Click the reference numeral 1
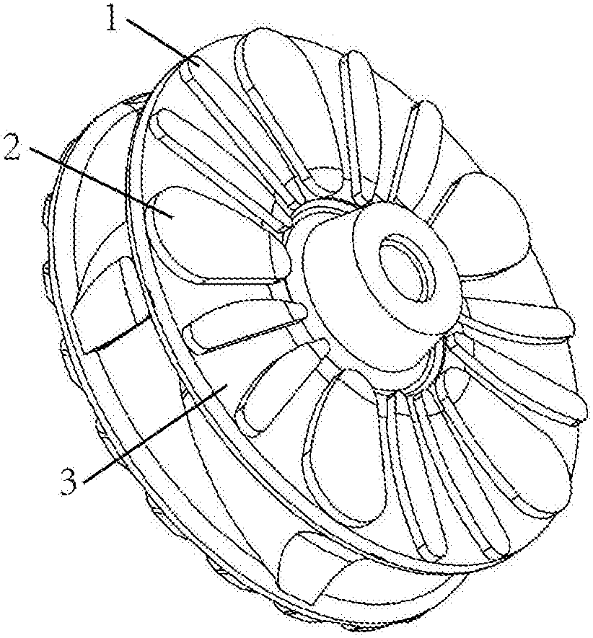point(113,18)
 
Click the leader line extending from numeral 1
point(164,40)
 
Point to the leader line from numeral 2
point(102,184)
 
